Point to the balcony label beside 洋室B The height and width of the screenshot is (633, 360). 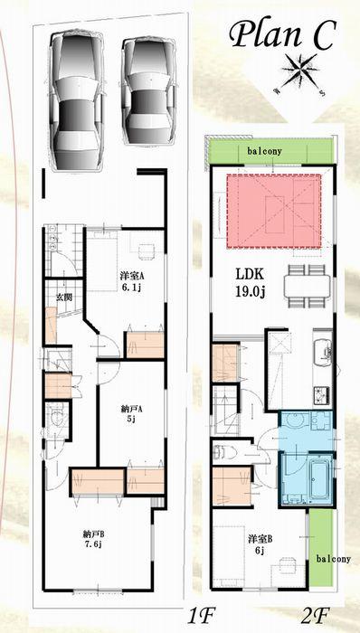[x=333, y=559]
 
